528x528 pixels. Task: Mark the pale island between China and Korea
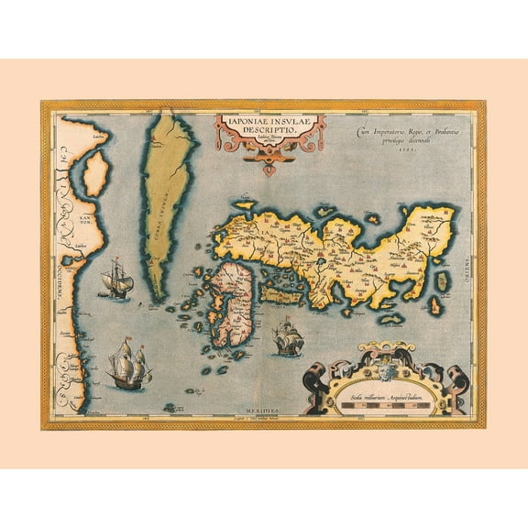[x=93, y=181]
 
